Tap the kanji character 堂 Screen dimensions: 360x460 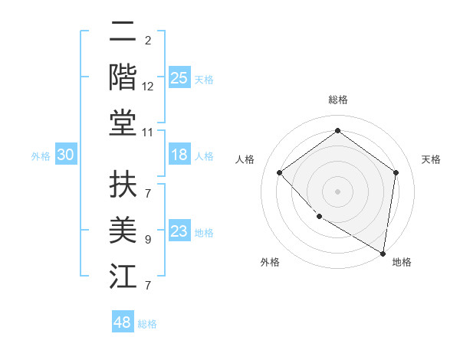123,123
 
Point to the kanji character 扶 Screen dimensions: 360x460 123,185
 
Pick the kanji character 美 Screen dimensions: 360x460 123,231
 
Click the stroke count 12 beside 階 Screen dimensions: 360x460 148,87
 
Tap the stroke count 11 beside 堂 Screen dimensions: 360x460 148,133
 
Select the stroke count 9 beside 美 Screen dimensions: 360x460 148,240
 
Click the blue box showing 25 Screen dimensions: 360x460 179,77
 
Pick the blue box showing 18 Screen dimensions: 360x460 179,155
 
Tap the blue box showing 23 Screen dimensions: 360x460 179,231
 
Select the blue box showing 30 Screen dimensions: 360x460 65,155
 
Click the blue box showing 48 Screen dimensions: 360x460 122,322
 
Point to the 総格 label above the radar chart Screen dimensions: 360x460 338,100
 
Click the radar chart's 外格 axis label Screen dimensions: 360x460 270,262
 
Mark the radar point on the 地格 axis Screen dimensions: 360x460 383,253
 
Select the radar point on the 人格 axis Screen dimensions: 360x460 280,172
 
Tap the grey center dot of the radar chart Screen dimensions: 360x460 337,191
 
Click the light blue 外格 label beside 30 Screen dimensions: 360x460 41,156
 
